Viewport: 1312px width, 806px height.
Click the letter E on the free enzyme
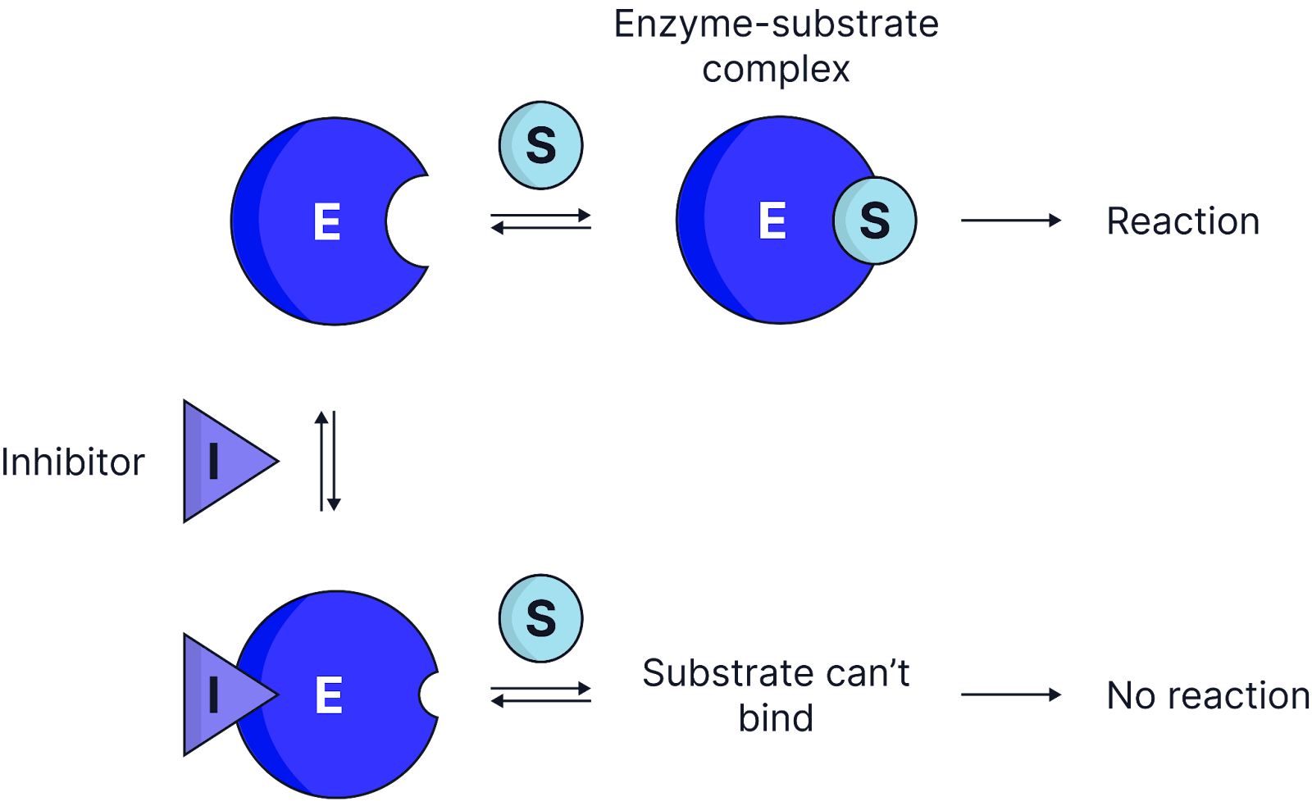[x=326, y=222]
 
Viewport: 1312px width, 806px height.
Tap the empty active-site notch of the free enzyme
[x=410, y=221]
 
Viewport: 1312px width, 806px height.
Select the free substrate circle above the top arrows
[x=540, y=145]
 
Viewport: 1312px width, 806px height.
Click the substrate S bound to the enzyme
[x=874, y=221]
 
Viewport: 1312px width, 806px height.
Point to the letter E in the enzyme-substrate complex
[x=772, y=221]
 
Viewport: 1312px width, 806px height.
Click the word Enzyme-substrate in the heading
[x=775, y=24]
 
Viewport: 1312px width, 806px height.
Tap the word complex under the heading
[x=775, y=69]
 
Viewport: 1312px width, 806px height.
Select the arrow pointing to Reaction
[x=1010, y=221]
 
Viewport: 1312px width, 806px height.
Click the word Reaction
[x=1182, y=221]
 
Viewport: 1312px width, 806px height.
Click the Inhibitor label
[x=72, y=462]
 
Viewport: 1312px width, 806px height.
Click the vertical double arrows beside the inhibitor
[x=327, y=461]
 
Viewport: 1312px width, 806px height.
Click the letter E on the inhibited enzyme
[x=329, y=695]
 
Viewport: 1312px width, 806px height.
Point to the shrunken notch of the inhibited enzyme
[x=430, y=695]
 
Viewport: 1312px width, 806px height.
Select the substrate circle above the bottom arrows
[x=540, y=618]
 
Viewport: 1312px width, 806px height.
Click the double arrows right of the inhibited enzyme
[x=540, y=694]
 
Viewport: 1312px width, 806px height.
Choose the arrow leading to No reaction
[x=1010, y=694]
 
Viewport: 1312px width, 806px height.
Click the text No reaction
[x=1208, y=695]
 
